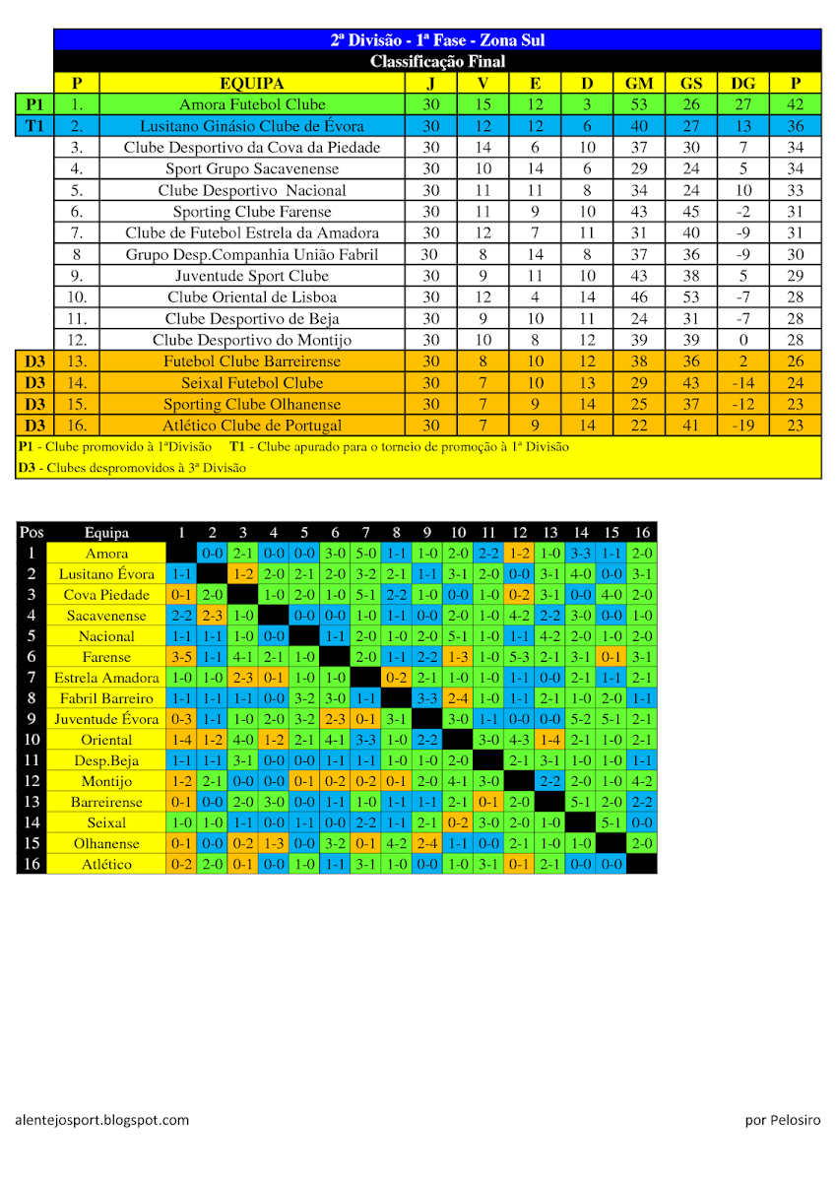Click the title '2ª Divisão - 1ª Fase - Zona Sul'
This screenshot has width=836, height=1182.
tap(437, 40)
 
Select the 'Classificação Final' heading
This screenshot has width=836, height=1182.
tap(437, 62)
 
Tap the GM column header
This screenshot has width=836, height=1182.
tap(638, 84)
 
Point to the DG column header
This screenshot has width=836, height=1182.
tap(743, 84)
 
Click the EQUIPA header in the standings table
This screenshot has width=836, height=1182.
tap(251, 84)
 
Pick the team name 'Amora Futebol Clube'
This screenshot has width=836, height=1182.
tap(252, 104)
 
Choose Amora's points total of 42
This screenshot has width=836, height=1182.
tap(796, 104)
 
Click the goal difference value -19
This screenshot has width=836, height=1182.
tap(743, 426)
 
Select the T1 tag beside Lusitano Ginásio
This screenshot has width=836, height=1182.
tap(34, 126)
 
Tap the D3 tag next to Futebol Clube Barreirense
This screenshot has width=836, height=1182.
tap(34, 361)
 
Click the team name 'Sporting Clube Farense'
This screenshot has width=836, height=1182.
tap(252, 212)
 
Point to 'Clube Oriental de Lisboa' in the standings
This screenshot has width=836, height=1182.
tap(252, 297)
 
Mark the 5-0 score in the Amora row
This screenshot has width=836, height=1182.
tap(365, 554)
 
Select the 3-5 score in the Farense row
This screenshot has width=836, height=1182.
tap(181, 657)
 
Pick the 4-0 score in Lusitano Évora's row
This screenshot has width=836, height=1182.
tap(580, 574)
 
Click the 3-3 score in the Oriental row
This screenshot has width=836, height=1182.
tap(365, 740)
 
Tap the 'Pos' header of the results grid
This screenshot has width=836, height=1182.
tap(32, 533)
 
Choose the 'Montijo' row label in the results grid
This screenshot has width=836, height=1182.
tap(106, 781)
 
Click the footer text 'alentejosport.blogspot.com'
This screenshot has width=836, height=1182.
tap(102, 1120)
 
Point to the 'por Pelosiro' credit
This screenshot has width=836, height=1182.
tap(782, 1120)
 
